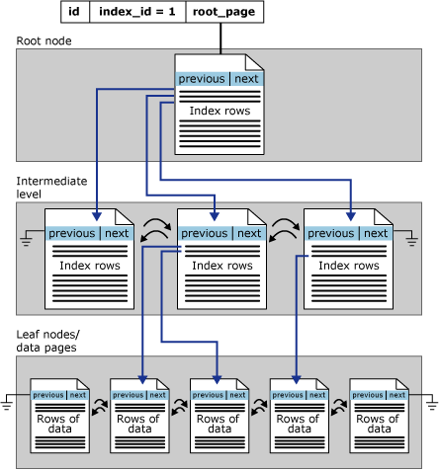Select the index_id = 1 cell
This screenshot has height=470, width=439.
(x=136, y=12)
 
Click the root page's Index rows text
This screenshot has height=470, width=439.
(x=219, y=111)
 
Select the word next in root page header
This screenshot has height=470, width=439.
(x=246, y=79)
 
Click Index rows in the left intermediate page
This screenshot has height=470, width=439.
(x=89, y=266)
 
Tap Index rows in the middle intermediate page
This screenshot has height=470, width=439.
(x=219, y=266)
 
